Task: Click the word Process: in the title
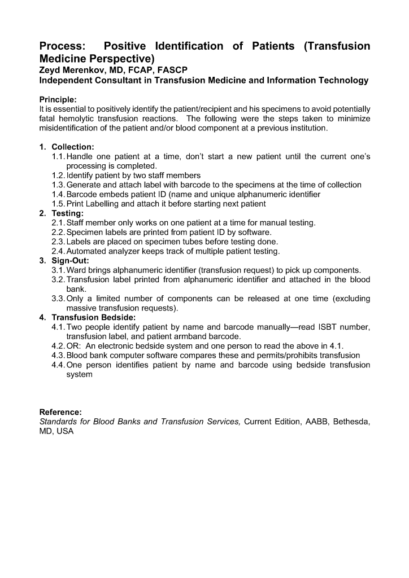(x=63, y=46)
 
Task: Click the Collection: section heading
(x=73, y=147)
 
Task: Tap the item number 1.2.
(x=58, y=176)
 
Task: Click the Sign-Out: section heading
(x=71, y=261)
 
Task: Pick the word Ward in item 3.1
(x=77, y=270)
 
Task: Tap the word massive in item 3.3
(x=82, y=308)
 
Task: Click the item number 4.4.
(x=58, y=365)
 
